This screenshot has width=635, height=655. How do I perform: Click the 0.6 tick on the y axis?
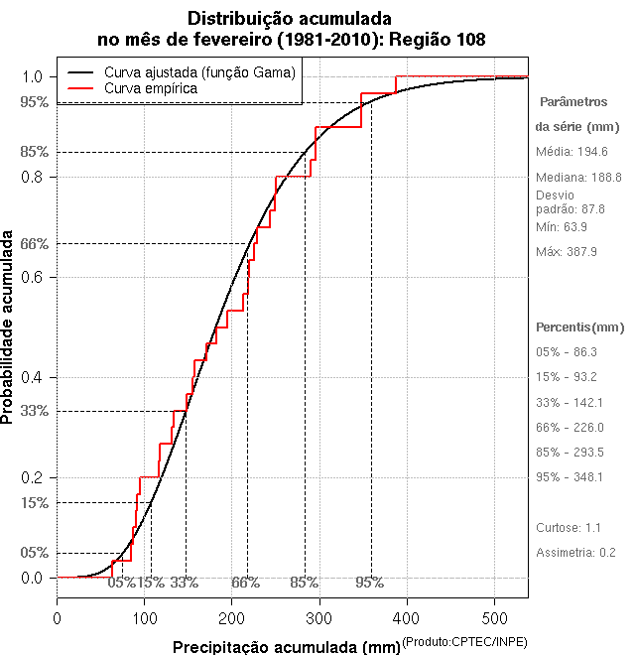pos(32,277)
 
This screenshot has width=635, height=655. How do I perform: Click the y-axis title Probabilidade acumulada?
pos(9,328)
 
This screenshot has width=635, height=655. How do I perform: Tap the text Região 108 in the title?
pos(436,39)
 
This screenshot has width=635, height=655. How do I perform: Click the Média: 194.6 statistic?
pos(571,152)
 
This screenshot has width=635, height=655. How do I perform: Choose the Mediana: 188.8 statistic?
pos(578,177)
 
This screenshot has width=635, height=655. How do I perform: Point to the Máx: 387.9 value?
pos(567,252)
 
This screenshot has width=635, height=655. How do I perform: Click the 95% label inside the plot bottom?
pos(369,583)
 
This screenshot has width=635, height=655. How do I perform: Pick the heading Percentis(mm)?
pos(580,327)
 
